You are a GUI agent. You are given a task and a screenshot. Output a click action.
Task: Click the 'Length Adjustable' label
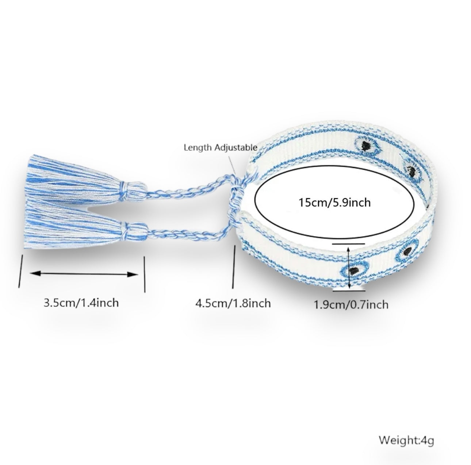220,148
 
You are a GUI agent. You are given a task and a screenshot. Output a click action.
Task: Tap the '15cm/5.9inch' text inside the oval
334,202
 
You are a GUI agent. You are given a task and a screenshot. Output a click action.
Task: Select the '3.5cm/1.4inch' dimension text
81,303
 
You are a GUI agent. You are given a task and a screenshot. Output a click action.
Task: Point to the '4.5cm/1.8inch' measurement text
233,303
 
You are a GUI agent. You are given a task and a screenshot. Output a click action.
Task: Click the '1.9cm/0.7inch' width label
351,304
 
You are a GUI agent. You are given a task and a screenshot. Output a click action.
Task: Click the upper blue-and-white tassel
73,179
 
